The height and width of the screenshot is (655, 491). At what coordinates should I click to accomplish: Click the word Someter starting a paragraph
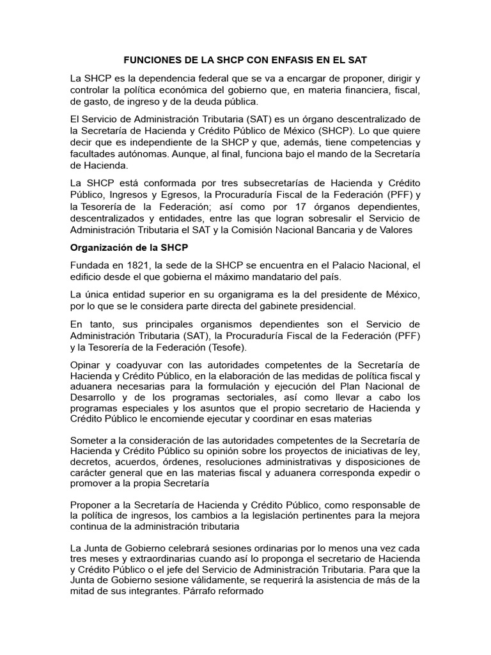pos(91,441)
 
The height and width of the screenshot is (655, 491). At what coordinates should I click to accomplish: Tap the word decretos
pos(90,462)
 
